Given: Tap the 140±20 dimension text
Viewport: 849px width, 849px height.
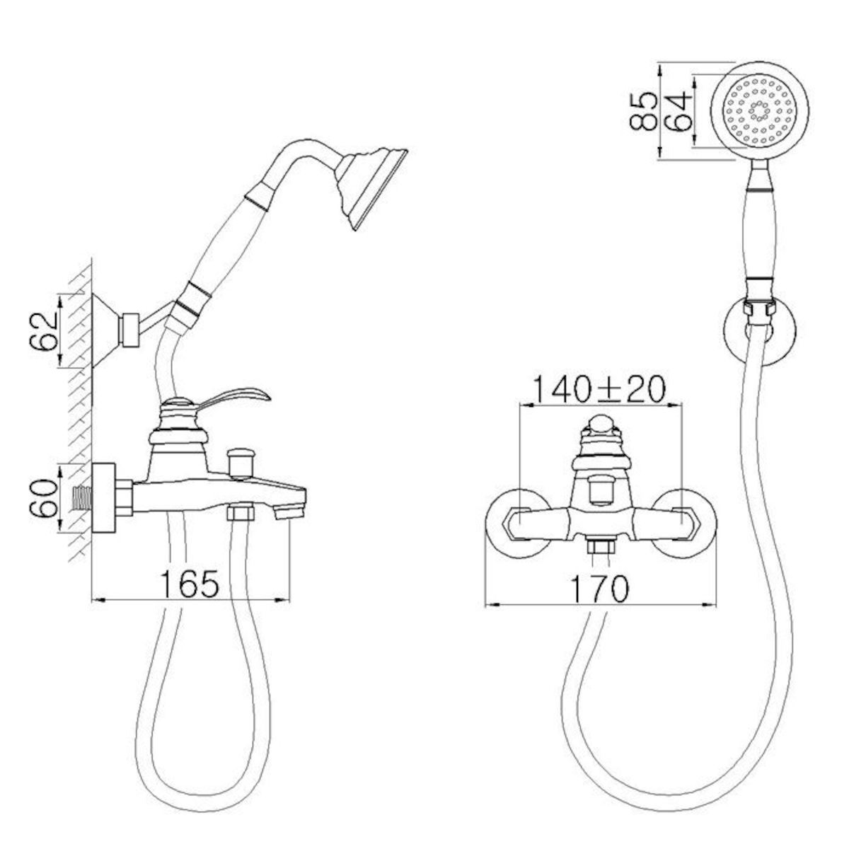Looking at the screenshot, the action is coord(597,391).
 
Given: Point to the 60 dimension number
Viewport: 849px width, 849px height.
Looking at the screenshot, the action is coord(44,499).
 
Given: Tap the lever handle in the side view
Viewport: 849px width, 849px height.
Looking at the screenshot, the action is coord(235,395).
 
